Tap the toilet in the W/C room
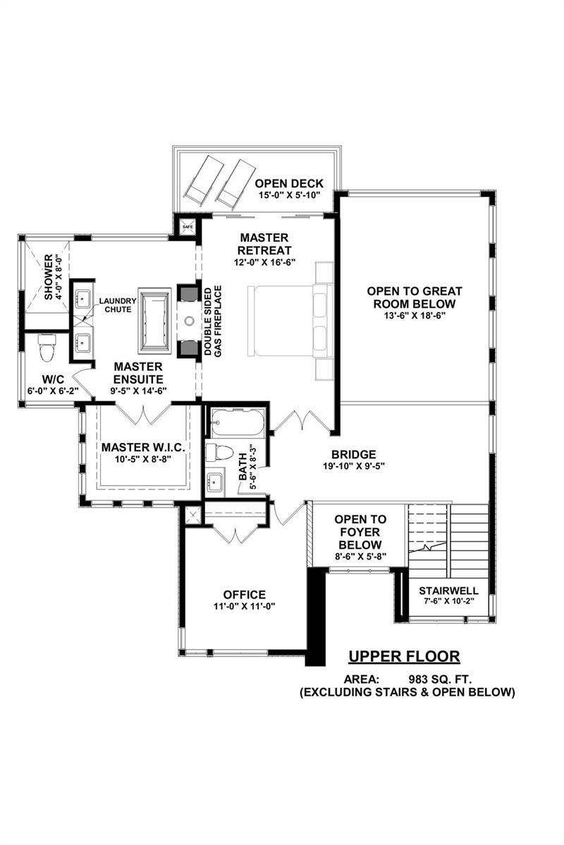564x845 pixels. click(x=47, y=348)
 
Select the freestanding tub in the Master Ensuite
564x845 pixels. click(x=154, y=320)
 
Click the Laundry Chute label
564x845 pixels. click(x=118, y=305)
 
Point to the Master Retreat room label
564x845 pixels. click(x=264, y=244)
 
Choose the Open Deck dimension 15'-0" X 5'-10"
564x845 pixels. click(x=289, y=195)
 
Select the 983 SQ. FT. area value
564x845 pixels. click(x=441, y=680)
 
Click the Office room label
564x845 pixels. click(x=245, y=595)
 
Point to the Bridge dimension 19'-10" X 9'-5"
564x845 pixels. click(x=354, y=466)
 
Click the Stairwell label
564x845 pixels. click(x=448, y=590)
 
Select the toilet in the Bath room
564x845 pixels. click(x=219, y=452)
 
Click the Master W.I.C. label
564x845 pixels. click(x=143, y=447)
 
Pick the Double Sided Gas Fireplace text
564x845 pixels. click(x=213, y=320)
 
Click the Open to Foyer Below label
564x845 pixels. click(x=360, y=532)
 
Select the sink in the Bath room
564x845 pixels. click(x=215, y=480)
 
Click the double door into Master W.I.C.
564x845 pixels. click(x=143, y=414)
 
